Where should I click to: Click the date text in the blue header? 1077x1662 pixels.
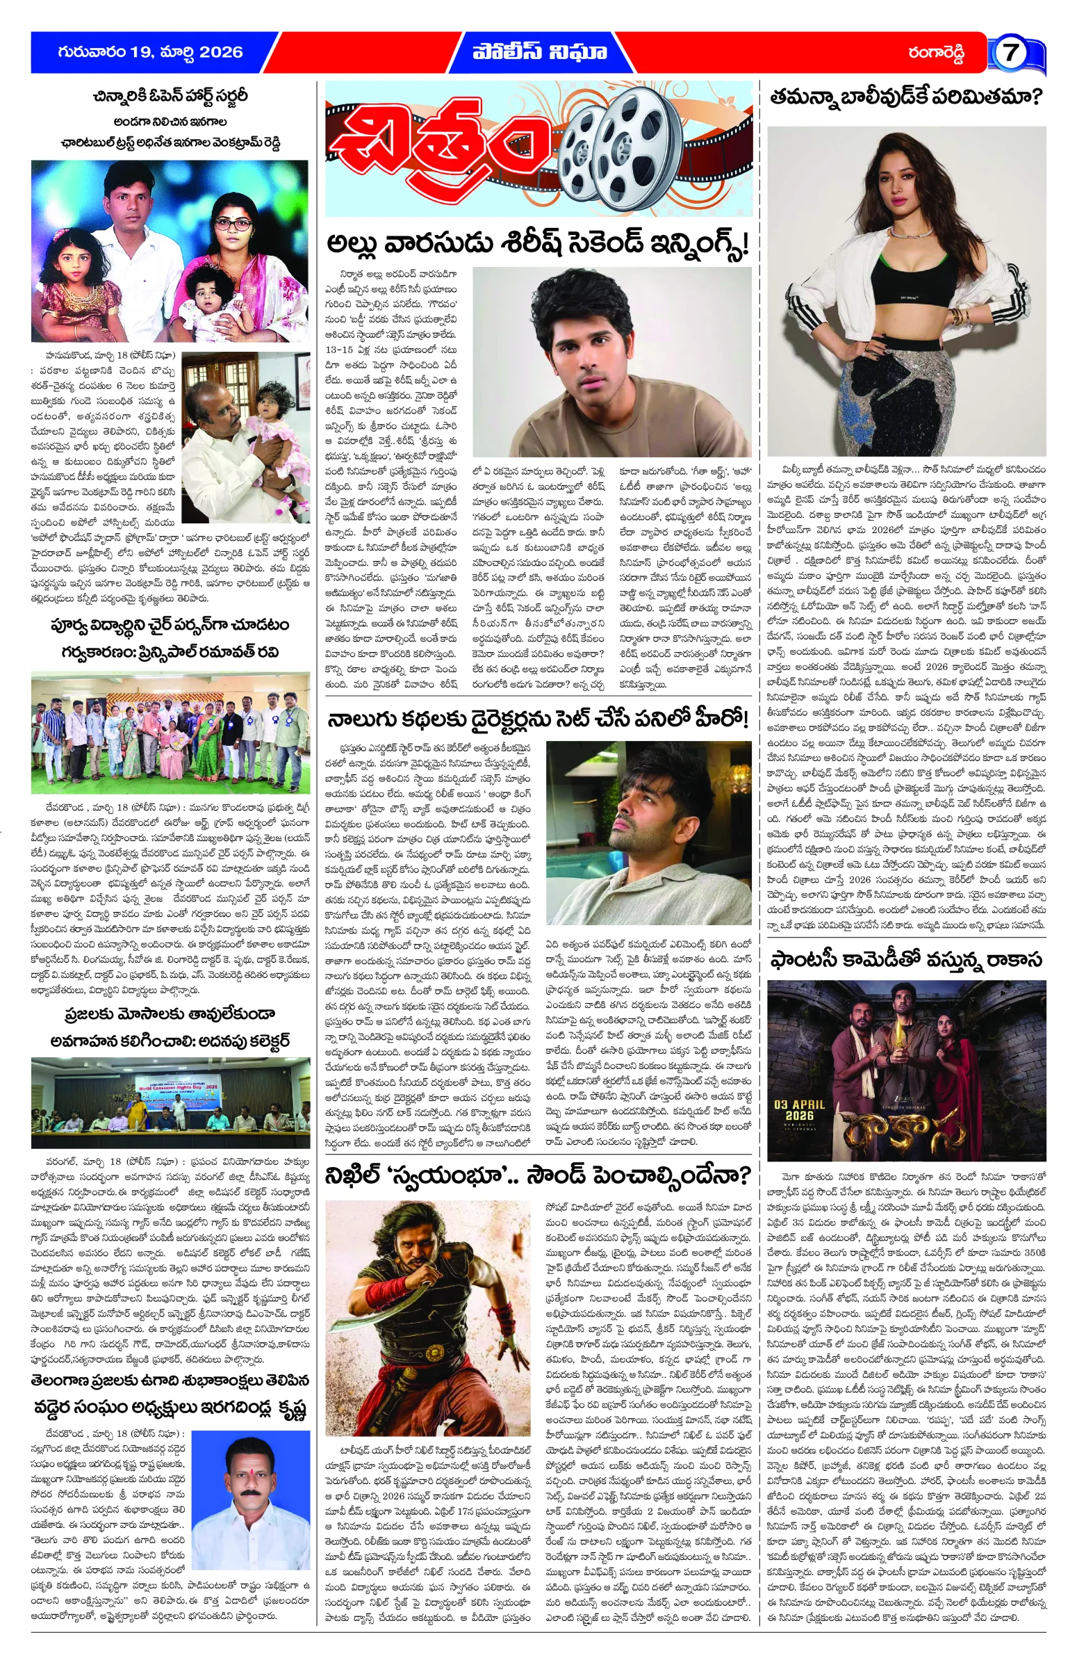click(150, 52)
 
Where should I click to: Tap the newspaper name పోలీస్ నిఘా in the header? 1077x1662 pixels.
click(539, 52)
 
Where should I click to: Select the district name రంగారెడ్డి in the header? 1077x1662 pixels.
click(935, 53)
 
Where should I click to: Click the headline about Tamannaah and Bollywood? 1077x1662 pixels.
click(905, 97)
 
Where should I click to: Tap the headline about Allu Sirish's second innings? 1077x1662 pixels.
click(537, 244)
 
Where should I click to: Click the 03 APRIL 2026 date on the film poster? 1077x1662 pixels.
click(798, 1110)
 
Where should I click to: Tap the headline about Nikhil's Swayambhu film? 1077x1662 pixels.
click(537, 1176)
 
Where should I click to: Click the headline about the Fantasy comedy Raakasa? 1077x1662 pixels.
click(905, 960)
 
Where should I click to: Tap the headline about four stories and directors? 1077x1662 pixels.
click(537, 719)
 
